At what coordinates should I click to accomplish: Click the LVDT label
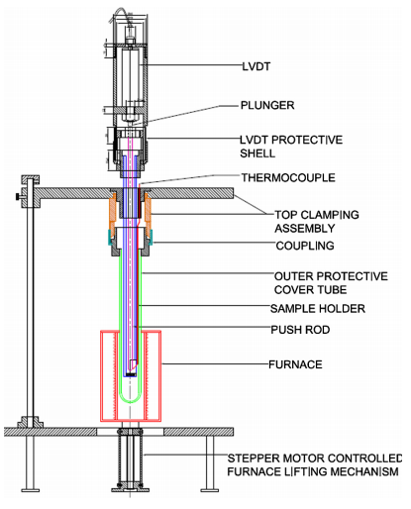click(x=257, y=66)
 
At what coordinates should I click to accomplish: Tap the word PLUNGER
click(x=267, y=105)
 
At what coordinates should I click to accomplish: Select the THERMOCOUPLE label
click(x=288, y=177)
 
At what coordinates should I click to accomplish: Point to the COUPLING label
click(x=305, y=246)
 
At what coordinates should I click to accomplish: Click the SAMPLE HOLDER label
click(x=318, y=309)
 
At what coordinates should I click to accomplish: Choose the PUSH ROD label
click(x=300, y=330)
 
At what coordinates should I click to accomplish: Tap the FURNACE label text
click(x=295, y=364)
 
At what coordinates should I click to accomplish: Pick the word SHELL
click(x=257, y=153)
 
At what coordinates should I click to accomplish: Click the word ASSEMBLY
click(x=305, y=229)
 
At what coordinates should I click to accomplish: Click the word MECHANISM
click(x=364, y=471)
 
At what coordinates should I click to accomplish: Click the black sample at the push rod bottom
click(x=131, y=375)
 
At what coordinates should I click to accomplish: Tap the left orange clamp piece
click(x=113, y=211)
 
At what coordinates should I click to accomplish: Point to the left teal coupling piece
click(x=110, y=237)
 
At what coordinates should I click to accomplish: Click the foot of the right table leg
click(x=210, y=490)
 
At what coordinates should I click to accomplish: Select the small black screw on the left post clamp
click(x=17, y=197)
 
